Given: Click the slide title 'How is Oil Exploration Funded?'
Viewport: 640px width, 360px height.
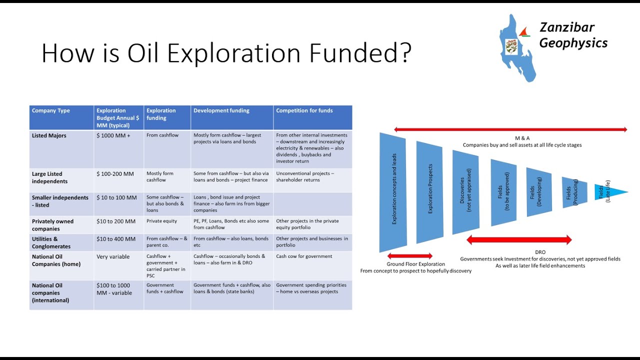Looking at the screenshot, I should pyautogui.click(x=226, y=53).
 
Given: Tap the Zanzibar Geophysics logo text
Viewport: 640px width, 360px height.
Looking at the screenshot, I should pyautogui.click(x=573, y=35).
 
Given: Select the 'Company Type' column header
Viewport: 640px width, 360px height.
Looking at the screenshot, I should pyautogui.click(x=51, y=110).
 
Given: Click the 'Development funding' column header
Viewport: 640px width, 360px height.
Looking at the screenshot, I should pyautogui.click(x=221, y=110).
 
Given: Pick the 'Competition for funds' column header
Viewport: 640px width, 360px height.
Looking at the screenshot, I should pyautogui.click(x=304, y=110).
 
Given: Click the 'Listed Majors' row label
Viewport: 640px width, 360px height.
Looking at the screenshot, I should pyautogui.click(x=49, y=135).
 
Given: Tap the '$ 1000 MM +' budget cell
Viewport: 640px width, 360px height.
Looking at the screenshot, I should pyautogui.click(x=113, y=135).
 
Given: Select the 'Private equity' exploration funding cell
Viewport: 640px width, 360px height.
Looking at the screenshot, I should pyautogui.click(x=161, y=221).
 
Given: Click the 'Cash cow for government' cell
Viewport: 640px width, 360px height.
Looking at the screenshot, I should pyautogui.click(x=304, y=256).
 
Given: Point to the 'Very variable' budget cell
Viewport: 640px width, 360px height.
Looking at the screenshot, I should pyautogui.click(x=113, y=256).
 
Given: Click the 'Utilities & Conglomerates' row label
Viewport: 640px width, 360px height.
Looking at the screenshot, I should pyautogui.click(x=51, y=242).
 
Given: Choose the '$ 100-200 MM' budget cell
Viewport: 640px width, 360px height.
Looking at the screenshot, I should pyautogui.click(x=115, y=174).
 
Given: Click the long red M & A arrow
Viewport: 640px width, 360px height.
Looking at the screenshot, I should pyautogui.click(x=510, y=129).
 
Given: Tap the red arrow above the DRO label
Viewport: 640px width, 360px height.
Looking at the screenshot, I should pyautogui.click(x=518, y=240).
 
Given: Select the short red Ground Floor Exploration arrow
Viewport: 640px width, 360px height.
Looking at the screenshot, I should pyautogui.click(x=409, y=256).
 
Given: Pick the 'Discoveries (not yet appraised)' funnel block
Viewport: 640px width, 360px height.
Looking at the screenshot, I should pyautogui.click(x=465, y=192).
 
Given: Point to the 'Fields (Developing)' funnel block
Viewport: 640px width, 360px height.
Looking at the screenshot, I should pyautogui.click(x=538, y=192).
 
